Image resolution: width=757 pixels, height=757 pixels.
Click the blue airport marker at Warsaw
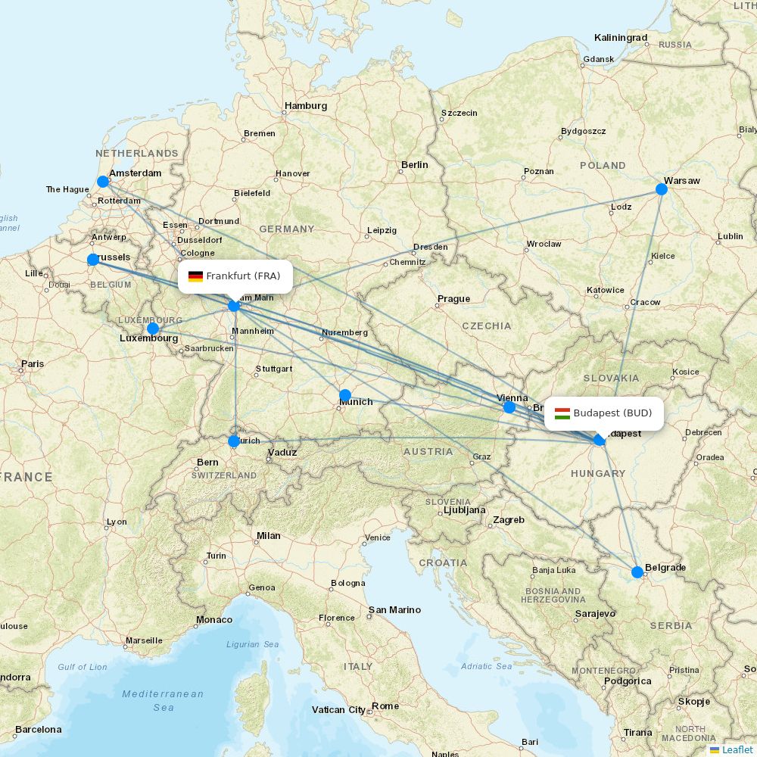[662, 188]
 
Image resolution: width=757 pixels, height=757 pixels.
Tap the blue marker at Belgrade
[637, 572]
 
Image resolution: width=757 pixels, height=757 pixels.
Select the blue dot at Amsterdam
[103, 182]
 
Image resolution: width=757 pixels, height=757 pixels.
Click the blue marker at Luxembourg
[153, 328]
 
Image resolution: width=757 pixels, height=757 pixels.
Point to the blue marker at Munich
[345, 394]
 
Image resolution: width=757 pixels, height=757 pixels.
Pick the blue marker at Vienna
[509, 407]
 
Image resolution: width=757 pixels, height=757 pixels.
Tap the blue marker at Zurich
[234, 441]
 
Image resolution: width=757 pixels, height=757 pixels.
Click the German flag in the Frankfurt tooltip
[195, 276]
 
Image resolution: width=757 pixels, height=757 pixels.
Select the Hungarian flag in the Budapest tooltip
[562, 413]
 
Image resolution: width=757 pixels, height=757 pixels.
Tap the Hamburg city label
[306, 106]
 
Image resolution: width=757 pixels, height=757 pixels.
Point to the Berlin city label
[415, 164]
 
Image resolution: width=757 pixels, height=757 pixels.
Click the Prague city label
[454, 298]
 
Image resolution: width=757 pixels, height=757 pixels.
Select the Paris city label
[33, 363]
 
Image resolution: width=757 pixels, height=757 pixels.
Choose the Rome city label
[385, 706]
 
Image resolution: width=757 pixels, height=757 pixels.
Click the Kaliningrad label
[621, 37]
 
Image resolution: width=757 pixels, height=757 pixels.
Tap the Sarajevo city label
[596, 613]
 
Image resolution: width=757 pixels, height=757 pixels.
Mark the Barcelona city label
[38, 729]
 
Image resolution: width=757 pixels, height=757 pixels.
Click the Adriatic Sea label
[487, 666]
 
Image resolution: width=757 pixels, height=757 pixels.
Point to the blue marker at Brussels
[93, 260]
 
